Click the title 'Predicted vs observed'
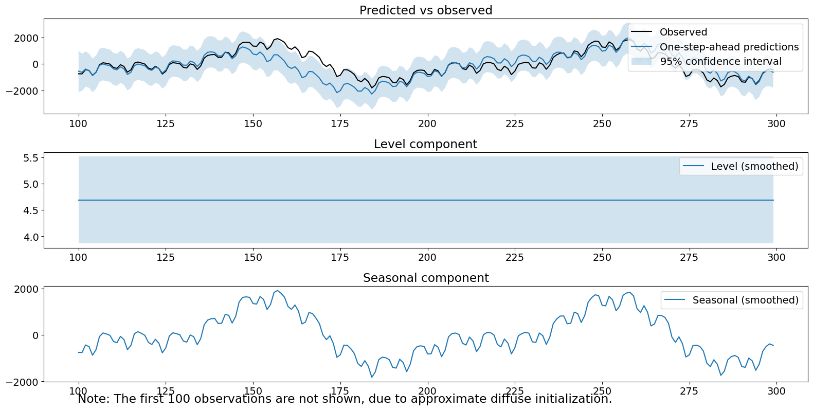coord(425,10)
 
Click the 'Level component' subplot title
coord(425,144)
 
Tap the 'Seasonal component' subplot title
coord(425,278)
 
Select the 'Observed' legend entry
coord(683,32)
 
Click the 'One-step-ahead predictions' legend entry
coord(729,47)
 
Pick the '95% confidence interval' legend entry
coord(720,62)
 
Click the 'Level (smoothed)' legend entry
coord(754,166)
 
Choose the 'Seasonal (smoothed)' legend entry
coord(745,300)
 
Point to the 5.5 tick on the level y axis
coord(31,158)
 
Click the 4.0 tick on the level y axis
coord(31,237)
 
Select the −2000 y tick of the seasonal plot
coord(22,382)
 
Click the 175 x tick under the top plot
coord(339,123)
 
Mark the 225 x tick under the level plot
coord(514,257)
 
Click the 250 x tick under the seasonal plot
coord(602,391)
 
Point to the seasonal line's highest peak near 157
coord(278,291)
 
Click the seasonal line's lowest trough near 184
coord(371,377)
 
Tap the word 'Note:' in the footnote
coord(94,399)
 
